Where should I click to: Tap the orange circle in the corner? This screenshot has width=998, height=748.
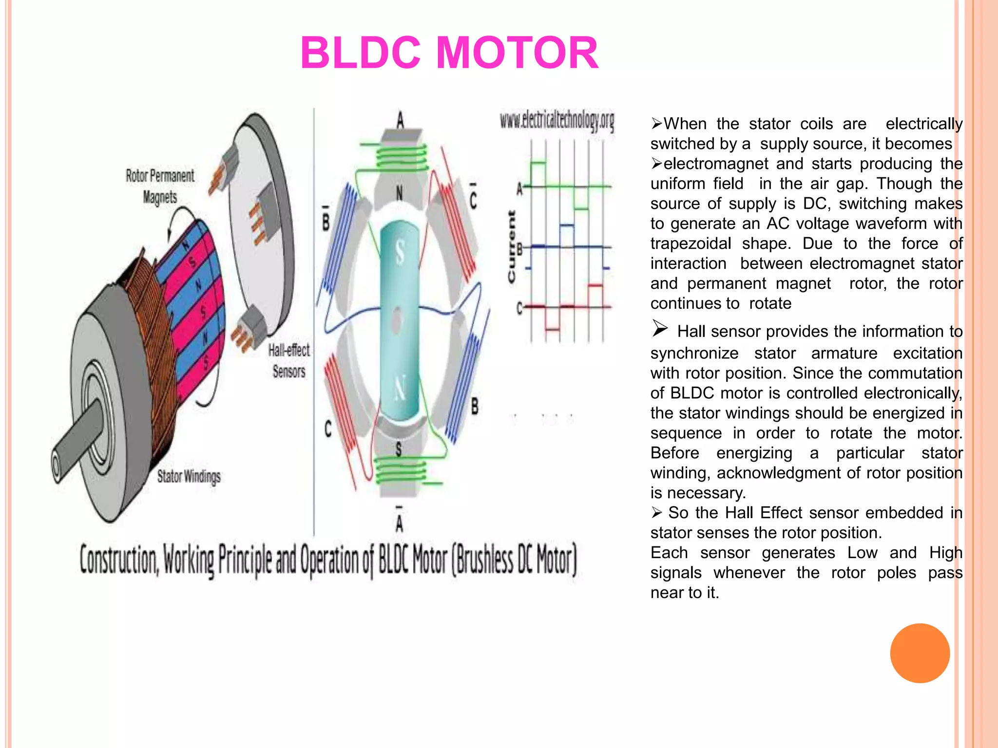(920, 653)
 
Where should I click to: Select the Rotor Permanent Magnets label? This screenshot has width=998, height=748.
(160, 187)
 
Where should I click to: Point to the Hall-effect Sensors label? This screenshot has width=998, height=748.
(289, 361)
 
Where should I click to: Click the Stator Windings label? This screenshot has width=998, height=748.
(189, 476)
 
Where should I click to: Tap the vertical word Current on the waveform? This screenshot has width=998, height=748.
(511, 246)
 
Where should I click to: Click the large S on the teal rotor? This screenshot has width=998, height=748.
(400, 253)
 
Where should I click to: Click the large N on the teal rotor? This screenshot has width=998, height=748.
(400, 389)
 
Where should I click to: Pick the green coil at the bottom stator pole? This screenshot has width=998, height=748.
(401, 470)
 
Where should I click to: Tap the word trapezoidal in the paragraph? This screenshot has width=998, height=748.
(691, 243)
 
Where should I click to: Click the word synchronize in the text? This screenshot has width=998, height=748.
(694, 353)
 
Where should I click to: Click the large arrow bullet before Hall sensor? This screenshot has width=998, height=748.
(660, 329)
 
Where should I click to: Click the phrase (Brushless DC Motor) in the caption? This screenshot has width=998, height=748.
(514, 561)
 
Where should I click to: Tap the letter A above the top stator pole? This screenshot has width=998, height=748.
(400, 120)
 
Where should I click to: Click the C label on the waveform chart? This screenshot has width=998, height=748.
(519, 308)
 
